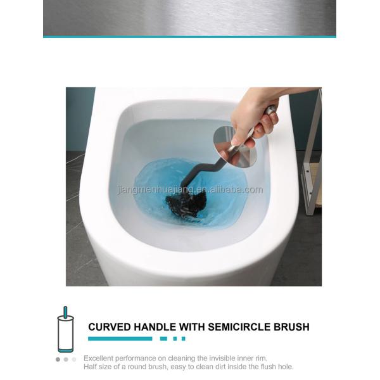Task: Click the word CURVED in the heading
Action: coord(107,327)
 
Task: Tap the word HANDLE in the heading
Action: coord(149,327)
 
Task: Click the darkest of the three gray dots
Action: coord(58,359)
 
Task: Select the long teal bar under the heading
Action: coord(120,339)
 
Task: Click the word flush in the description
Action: coord(267,367)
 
